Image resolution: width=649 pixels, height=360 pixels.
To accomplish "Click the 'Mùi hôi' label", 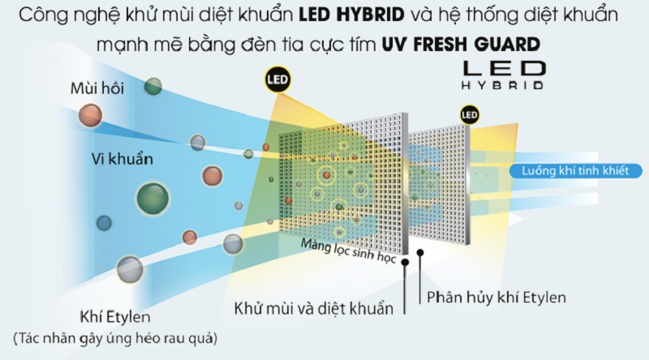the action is [97, 88].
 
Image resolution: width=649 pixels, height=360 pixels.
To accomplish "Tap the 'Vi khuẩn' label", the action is [122, 159].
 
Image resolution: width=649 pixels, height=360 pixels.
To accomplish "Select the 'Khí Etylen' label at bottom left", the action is [114, 317].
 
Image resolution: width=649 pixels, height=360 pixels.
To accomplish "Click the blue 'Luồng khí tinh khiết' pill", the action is [575, 171].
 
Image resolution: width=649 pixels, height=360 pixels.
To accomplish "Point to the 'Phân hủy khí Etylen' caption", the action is [496, 297].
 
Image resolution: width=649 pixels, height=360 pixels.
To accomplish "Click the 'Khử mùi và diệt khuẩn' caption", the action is [313, 309].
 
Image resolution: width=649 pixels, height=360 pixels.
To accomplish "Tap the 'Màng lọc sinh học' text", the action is [348, 251].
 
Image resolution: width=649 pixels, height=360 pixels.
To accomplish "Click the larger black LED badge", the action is [277, 79].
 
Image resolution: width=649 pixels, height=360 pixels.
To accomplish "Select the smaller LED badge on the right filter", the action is [470, 114].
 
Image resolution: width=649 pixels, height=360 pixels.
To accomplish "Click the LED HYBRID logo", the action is [503, 75].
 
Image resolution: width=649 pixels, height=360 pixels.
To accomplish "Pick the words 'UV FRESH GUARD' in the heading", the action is [461, 45].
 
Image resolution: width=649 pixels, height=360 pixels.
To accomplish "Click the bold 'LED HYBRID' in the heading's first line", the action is [351, 15].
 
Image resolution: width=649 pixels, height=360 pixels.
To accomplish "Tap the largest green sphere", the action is [153, 199].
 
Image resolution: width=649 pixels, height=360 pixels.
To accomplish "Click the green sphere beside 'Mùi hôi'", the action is [153, 86].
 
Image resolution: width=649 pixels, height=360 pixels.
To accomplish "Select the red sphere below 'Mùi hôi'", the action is [90, 115].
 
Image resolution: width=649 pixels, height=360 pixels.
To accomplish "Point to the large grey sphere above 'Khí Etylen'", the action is [130, 269].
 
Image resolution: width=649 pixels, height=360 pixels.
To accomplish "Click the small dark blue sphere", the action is [104, 223].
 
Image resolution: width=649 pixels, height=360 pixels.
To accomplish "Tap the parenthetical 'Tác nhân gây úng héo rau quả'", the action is [115, 338].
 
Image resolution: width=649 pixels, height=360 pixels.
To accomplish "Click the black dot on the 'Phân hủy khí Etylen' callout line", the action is [420, 252].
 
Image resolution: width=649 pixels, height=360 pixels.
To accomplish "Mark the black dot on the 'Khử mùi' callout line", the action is [405, 262].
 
